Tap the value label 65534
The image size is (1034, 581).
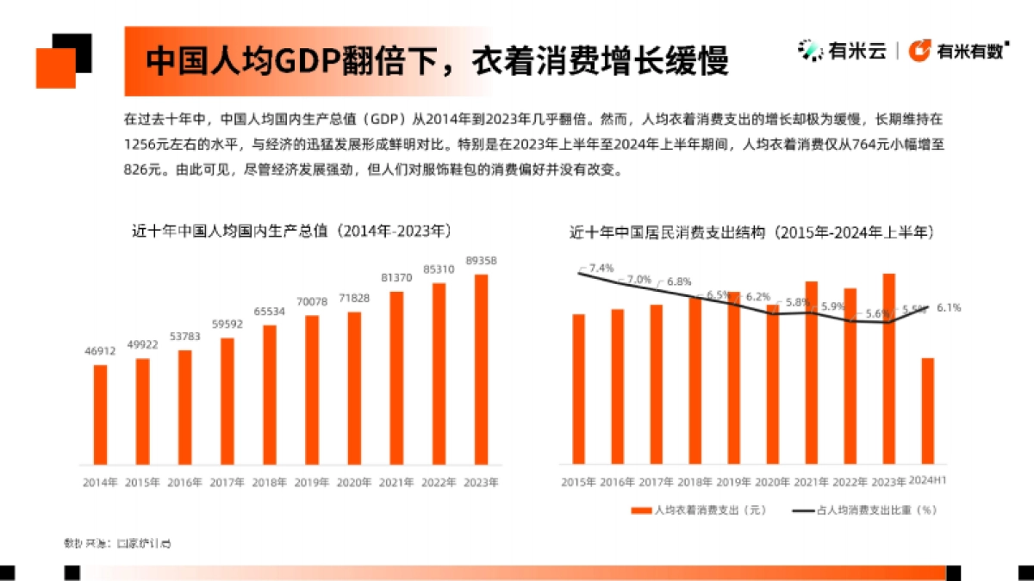(270, 312)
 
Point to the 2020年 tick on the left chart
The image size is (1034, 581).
(354, 483)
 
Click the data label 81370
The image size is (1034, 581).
(396, 278)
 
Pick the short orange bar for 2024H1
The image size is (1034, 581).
(928, 411)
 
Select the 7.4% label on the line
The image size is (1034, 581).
(602, 268)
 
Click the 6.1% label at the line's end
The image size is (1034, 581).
(948, 307)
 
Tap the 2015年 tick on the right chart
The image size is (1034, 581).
(580, 482)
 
